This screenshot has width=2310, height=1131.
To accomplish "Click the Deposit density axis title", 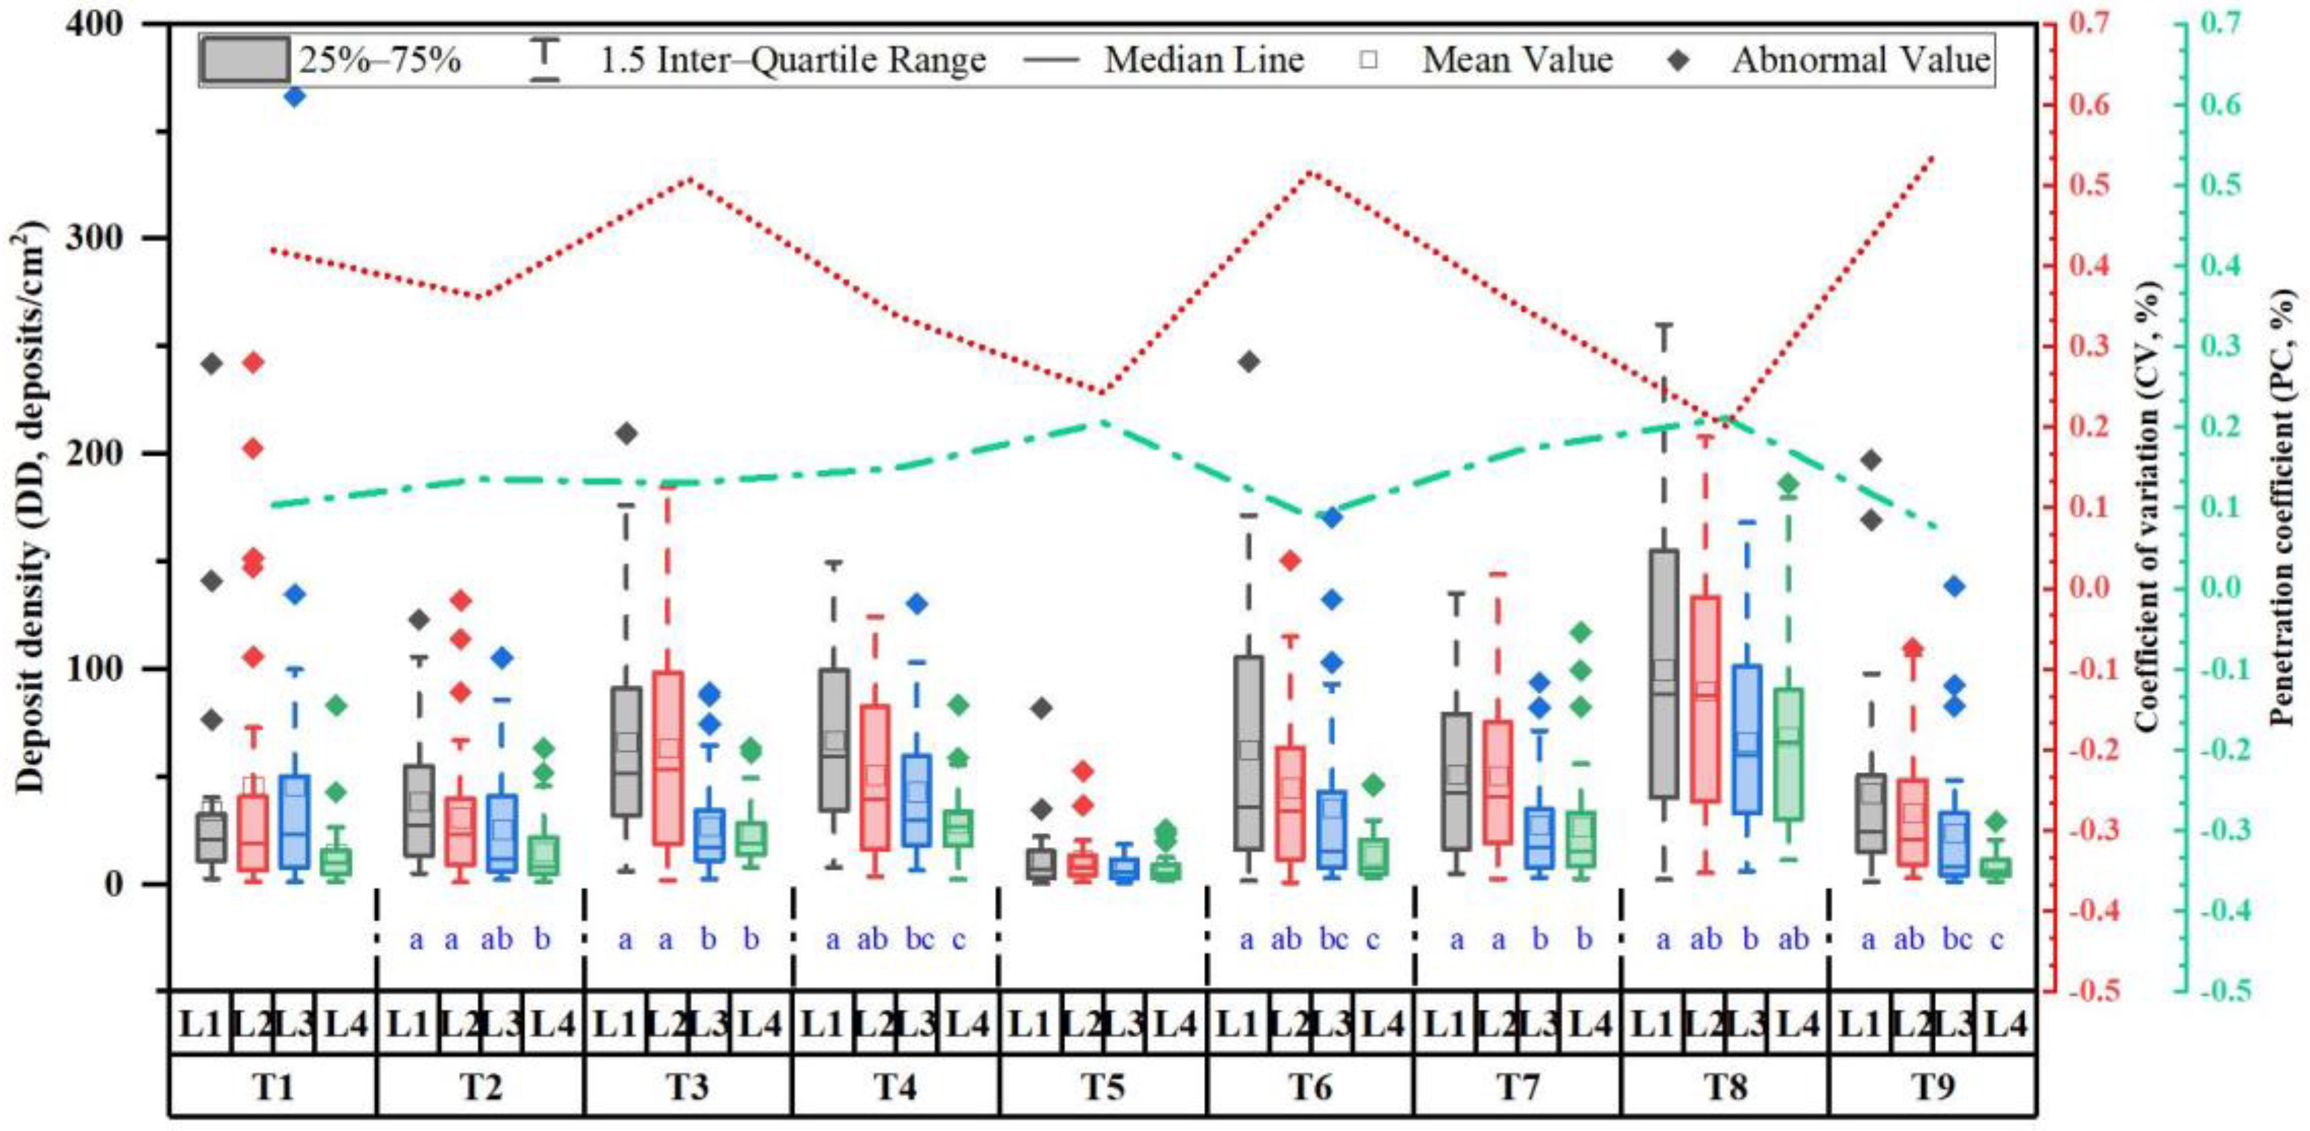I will coord(30,511).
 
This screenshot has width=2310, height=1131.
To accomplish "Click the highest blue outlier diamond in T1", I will coord(295,97).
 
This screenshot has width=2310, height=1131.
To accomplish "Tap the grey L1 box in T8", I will coord(1664,673).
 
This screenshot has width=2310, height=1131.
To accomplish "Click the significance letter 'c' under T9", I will coord(1997,939).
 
